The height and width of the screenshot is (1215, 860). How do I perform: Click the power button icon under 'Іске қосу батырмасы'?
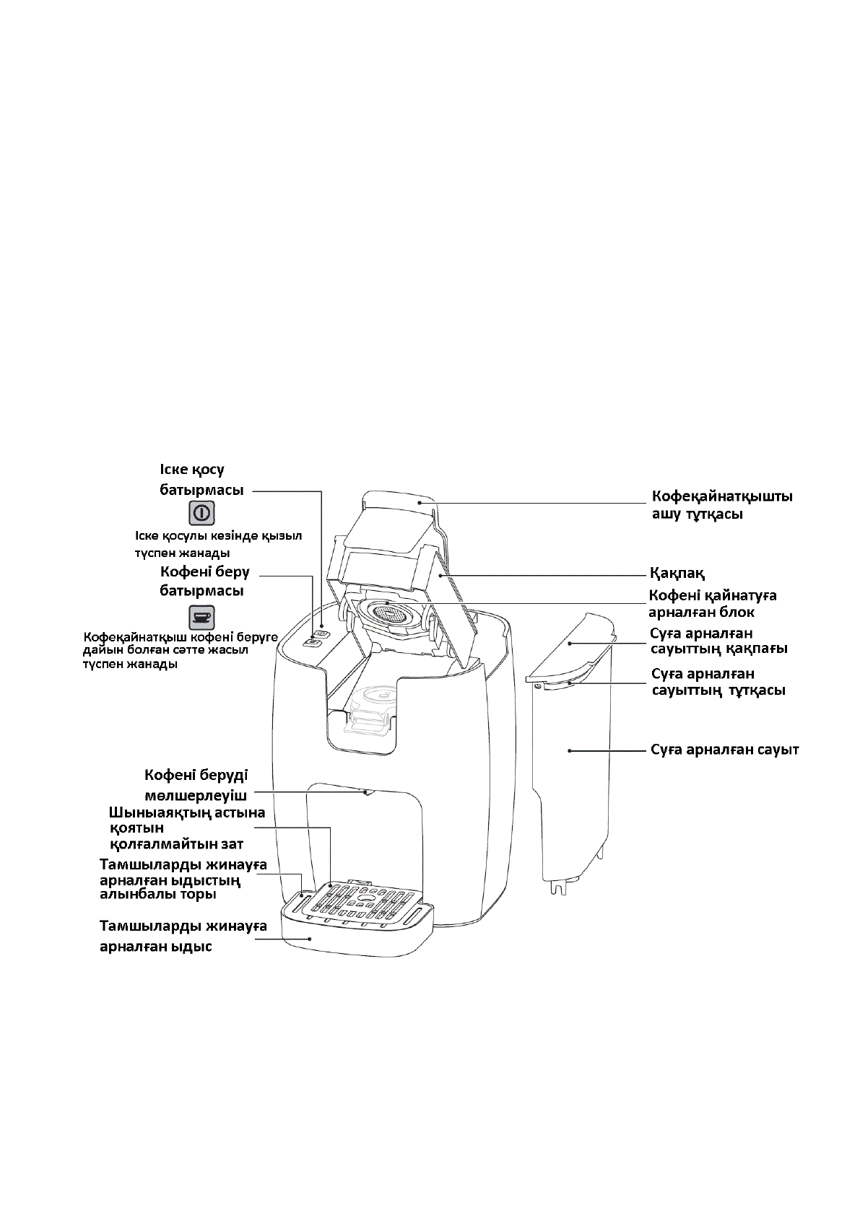[x=202, y=513]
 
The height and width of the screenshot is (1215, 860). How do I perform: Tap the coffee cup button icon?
[x=202, y=618]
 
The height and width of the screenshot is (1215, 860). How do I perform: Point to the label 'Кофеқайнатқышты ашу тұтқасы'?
[x=722, y=505]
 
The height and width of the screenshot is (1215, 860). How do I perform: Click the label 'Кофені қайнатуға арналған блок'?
[x=712, y=604]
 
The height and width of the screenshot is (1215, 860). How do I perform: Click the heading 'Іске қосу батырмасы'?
[x=201, y=479]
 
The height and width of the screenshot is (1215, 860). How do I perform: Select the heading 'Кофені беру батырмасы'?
[x=204, y=581]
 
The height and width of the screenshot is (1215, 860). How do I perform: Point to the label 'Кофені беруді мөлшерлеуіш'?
[x=196, y=785]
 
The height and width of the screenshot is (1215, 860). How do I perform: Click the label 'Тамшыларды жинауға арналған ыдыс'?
[x=183, y=936]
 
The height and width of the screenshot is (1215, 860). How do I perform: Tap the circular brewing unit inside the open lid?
[x=391, y=613]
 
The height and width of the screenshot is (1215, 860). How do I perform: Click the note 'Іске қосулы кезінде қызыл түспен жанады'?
[x=218, y=545]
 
